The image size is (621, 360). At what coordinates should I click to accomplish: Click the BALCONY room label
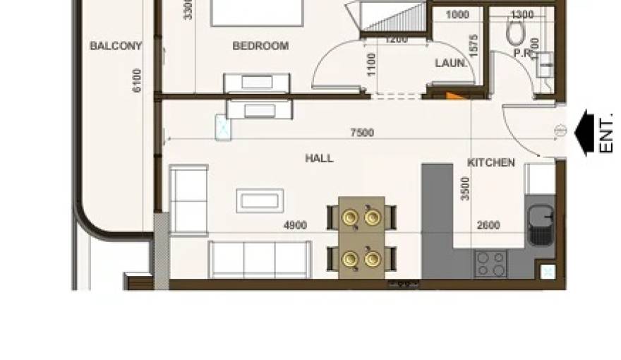(116, 47)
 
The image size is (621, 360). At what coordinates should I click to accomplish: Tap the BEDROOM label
(260, 46)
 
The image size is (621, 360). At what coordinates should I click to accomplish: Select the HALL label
(319, 159)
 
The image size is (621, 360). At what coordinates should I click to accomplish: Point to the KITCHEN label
(491, 163)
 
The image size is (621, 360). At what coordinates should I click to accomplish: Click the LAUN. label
(450, 63)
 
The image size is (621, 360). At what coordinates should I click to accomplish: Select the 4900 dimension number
(294, 226)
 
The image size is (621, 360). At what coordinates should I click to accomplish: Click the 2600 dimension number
(488, 226)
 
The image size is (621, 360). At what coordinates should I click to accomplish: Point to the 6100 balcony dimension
(137, 79)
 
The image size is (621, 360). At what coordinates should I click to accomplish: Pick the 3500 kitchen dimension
(465, 189)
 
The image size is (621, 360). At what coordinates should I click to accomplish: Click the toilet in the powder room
(516, 32)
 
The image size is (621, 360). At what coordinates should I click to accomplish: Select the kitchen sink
(541, 224)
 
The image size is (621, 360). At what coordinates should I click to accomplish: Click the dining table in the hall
(361, 237)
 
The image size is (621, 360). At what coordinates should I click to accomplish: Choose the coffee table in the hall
(260, 200)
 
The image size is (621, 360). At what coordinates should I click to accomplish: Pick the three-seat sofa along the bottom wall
(260, 259)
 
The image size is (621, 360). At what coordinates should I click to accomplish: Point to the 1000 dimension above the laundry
(457, 15)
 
